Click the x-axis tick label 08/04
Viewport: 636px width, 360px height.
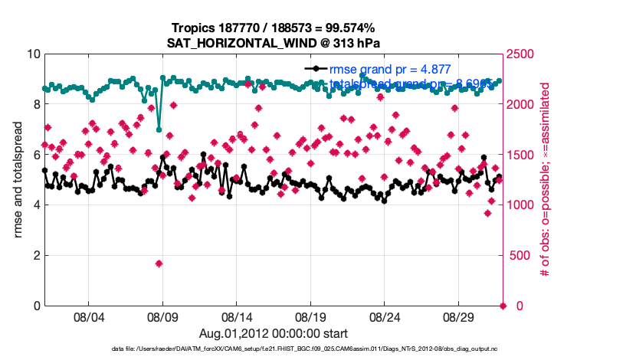(88, 316)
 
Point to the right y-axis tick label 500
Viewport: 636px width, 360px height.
(521, 255)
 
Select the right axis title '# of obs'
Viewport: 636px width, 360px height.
(546, 180)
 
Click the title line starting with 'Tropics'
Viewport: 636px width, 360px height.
(274, 28)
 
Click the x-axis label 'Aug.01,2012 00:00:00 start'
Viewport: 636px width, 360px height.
(274, 333)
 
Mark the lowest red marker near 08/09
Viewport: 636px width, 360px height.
(159, 263)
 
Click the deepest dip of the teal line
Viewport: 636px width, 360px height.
(159, 129)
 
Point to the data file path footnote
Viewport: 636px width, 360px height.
(317, 349)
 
